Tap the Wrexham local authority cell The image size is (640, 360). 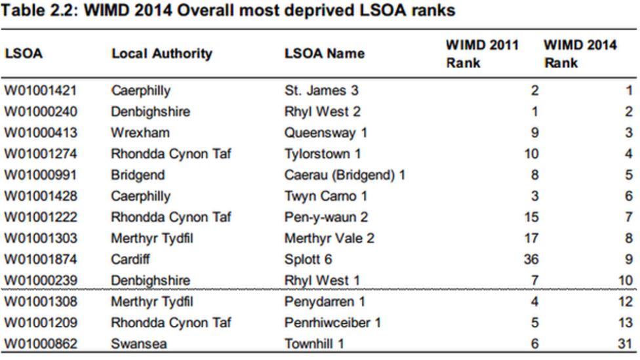(x=140, y=133)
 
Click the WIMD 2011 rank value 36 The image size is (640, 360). (x=530, y=259)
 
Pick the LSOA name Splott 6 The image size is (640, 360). (x=308, y=259)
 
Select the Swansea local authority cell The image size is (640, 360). (x=136, y=343)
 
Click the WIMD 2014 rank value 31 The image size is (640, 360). (x=626, y=343)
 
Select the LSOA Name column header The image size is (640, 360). (x=324, y=54)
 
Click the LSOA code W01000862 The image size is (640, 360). (x=41, y=343)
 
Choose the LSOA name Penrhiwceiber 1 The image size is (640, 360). (x=332, y=322)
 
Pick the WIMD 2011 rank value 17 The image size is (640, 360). (x=531, y=238)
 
